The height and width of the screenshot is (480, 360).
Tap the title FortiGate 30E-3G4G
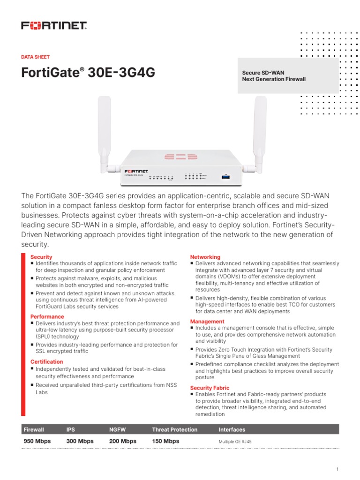pyautogui.click(x=88, y=73)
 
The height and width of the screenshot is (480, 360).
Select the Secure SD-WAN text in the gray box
pyautogui.click(x=263, y=73)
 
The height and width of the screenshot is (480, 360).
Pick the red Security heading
pyautogui.click(x=41, y=257)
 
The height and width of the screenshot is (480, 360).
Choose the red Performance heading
pyautogui.click(x=47, y=317)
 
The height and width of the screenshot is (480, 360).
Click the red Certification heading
pyautogui.click(x=46, y=362)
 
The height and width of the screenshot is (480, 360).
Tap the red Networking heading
pyautogui.click(x=205, y=257)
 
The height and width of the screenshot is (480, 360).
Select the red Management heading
pyautogui.click(x=207, y=322)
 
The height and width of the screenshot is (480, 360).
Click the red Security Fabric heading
pyautogui.click(x=210, y=388)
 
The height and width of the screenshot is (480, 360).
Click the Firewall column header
pyautogui.click(x=34, y=429)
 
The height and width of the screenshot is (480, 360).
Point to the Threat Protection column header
pyautogui.click(x=175, y=429)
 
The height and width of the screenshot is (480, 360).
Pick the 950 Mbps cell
pyautogui.click(x=37, y=441)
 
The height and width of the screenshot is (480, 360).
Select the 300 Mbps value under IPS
pyautogui.click(x=80, y=441)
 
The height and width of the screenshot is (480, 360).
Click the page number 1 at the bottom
pyautogui.click(x=337, y=469)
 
